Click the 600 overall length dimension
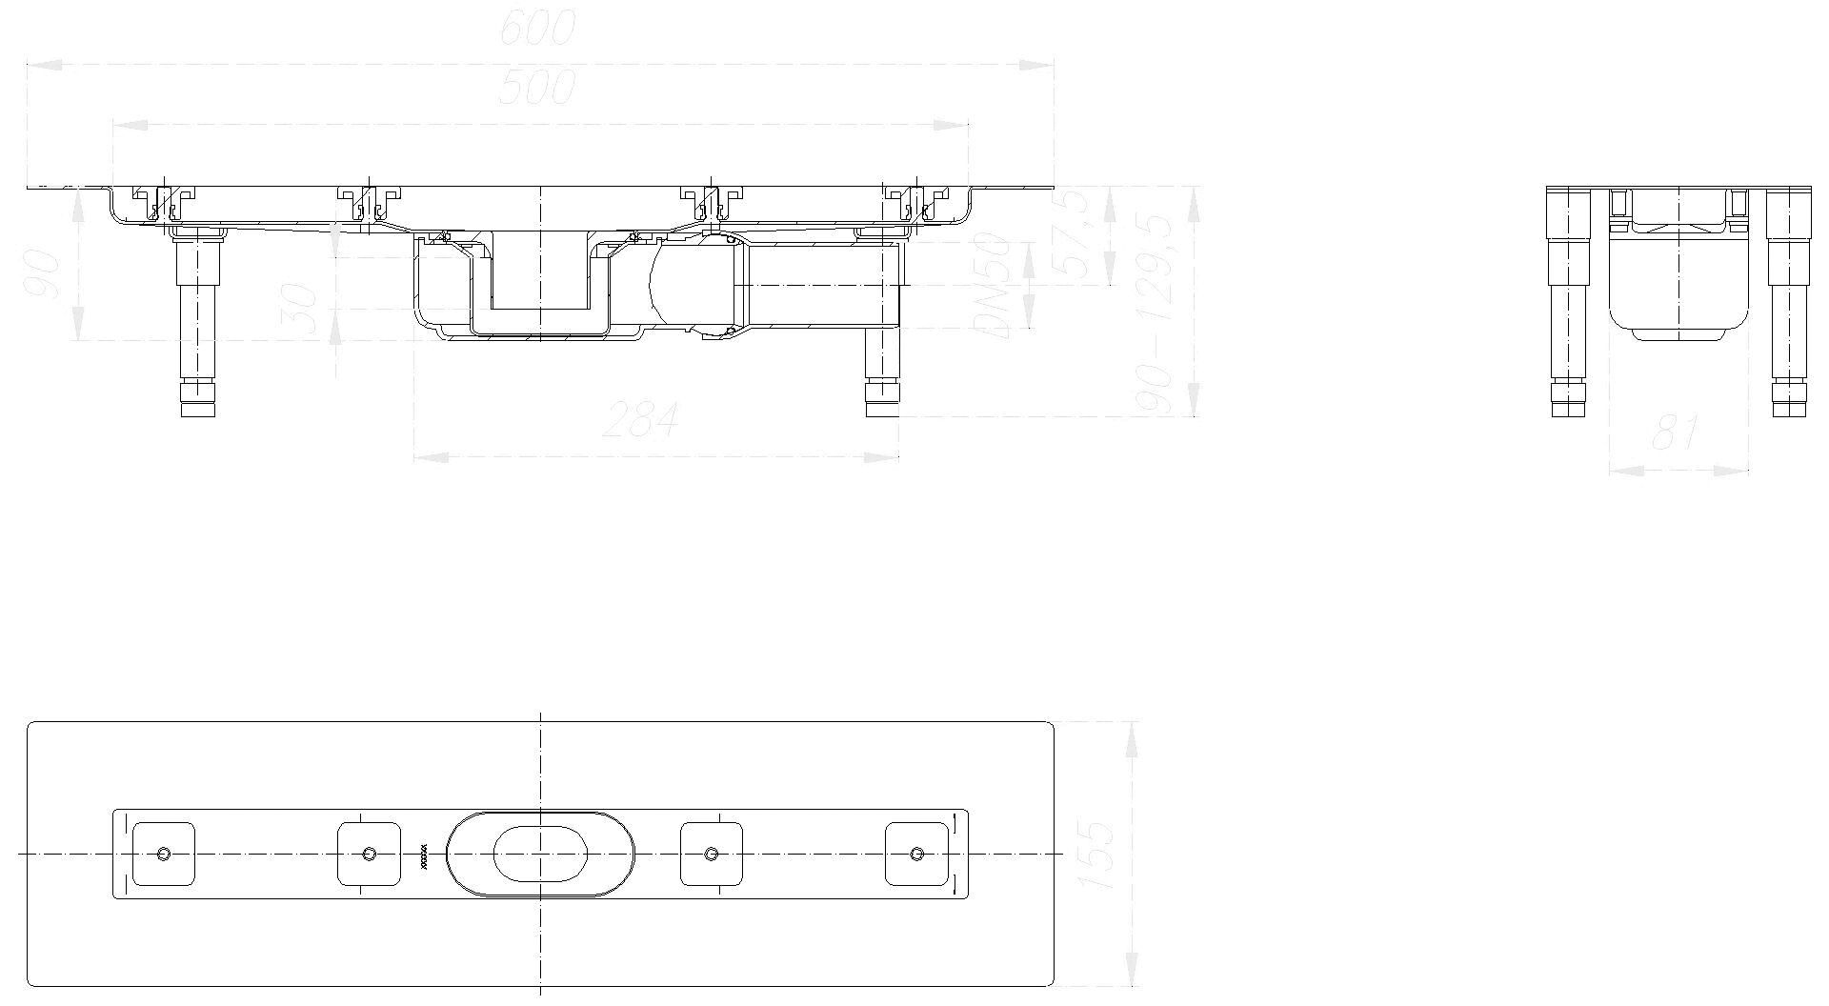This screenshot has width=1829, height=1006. tap(538, 30)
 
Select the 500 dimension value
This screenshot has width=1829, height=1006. tap(538, 88)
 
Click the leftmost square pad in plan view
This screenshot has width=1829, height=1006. tap(163, 854)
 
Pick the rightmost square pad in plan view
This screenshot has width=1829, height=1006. tap(916, 854)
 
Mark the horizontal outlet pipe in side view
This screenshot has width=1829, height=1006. tap(819, 286)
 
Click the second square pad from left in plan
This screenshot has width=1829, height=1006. tap(369, 854)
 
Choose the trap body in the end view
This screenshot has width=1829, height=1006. tap(1678, 286)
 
